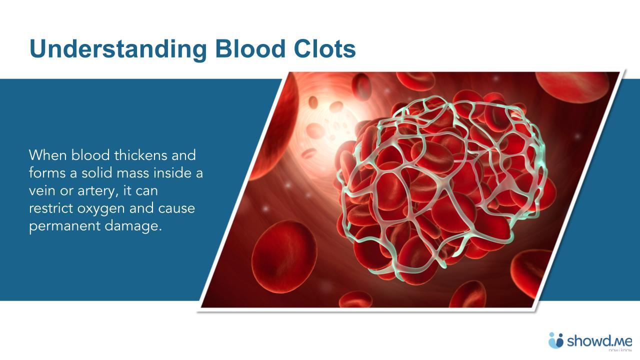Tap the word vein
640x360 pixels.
(x=42, y=190)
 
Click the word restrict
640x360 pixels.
(x=51, y=208)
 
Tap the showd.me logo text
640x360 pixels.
(x=599, y=341)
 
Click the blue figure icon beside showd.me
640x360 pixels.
(x=555, y=340)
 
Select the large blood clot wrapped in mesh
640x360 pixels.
(x=440, y=190)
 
